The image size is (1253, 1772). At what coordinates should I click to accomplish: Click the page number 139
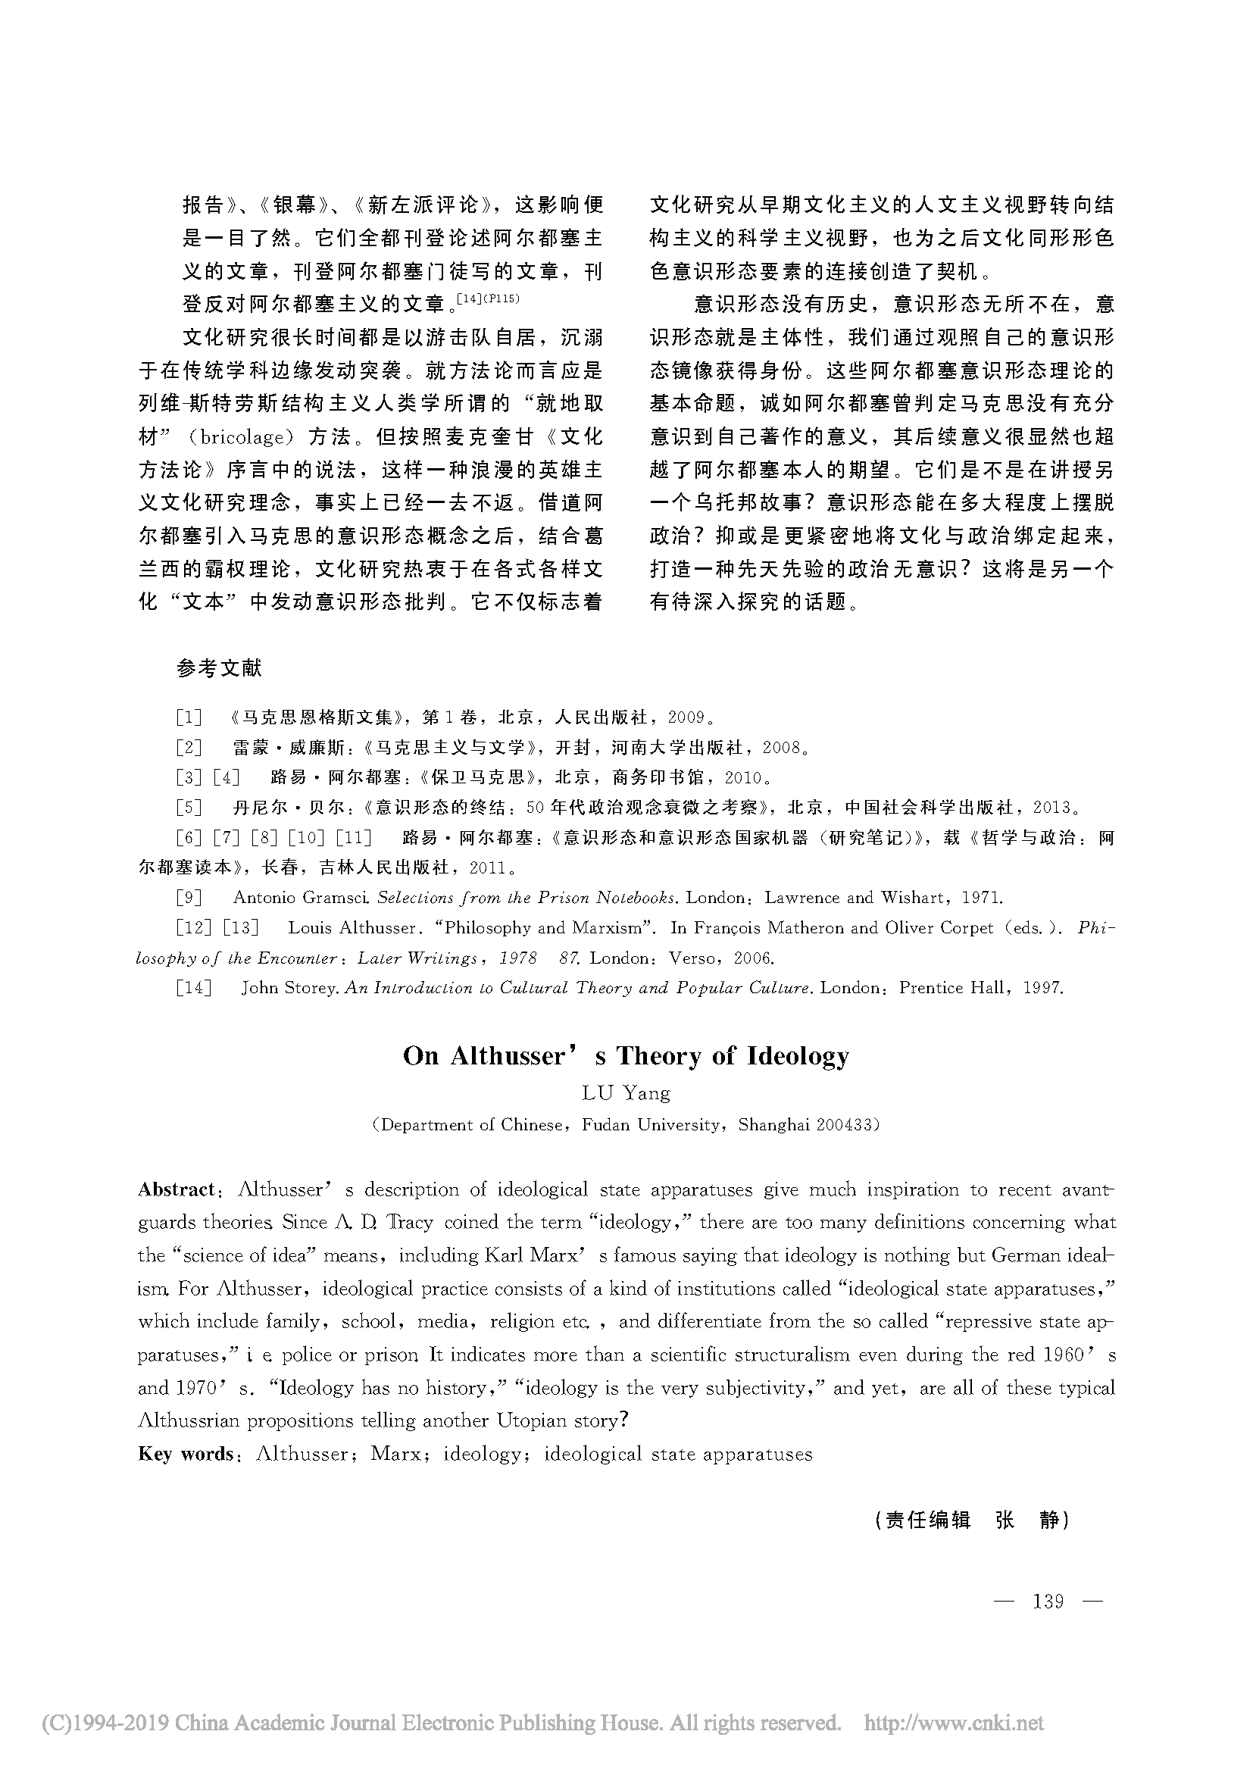(1048, 1602)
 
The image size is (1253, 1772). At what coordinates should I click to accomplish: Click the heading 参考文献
(219, 667)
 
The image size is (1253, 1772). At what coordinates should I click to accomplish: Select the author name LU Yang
(626, 1093)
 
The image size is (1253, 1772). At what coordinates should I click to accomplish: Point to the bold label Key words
(185, 1454)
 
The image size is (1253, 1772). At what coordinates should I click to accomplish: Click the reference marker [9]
(189, 898)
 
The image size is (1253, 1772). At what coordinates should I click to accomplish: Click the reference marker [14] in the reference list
(194, 988)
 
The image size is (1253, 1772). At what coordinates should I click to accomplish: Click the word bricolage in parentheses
(242, 438)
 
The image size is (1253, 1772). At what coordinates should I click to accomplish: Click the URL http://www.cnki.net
(953, 1724)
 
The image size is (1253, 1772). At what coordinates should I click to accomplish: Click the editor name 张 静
(1027, 1520)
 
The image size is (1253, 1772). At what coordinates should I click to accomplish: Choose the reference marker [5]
(189, 808)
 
